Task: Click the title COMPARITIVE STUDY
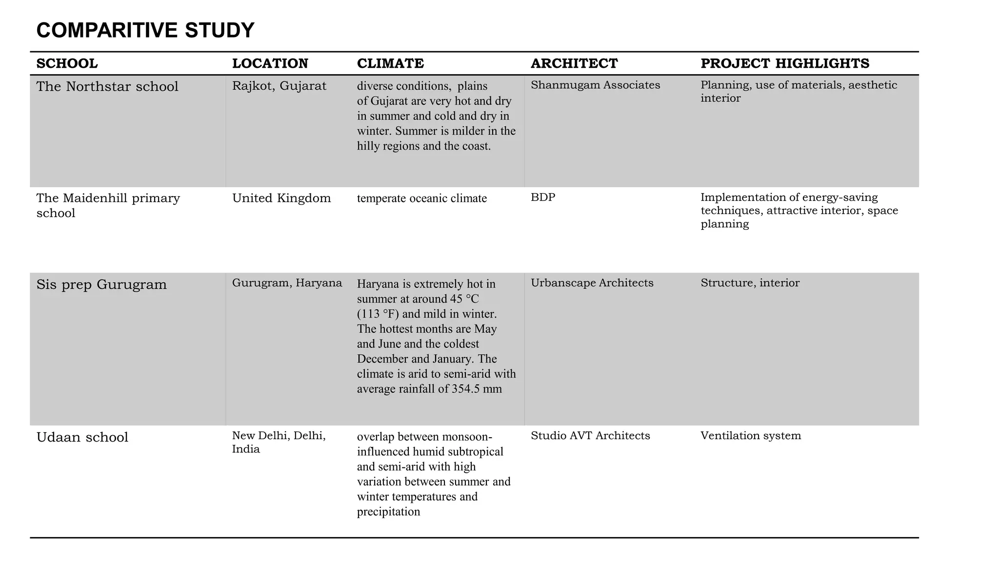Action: click(x=145, y=30)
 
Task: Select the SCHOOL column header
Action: click(x=67, y=63)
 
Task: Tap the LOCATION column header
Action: click(x=270, y=63)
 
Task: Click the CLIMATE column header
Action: click(x=390, y=63)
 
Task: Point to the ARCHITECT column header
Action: click(x=574, y=63)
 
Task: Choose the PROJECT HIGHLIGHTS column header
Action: click(x=784, y=63)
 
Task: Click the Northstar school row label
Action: click(x=107, y=86)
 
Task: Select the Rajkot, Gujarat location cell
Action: click(x=279, y=86)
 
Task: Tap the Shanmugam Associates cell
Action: click(x=595, y=85)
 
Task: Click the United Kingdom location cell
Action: click(x=281, y=198)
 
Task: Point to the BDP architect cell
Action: click(x=543, y=197)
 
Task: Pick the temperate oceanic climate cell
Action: click(x=421, y=199)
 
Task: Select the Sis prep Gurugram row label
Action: click(x=101, y=284)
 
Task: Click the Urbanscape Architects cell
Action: click(x=592, y=283)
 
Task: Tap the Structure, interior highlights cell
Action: click(x=750, y=283)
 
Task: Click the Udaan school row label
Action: click(x=82, y=437)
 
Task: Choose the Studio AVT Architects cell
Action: click(x=590, y=436)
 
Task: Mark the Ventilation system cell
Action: click(x=750, y=436)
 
